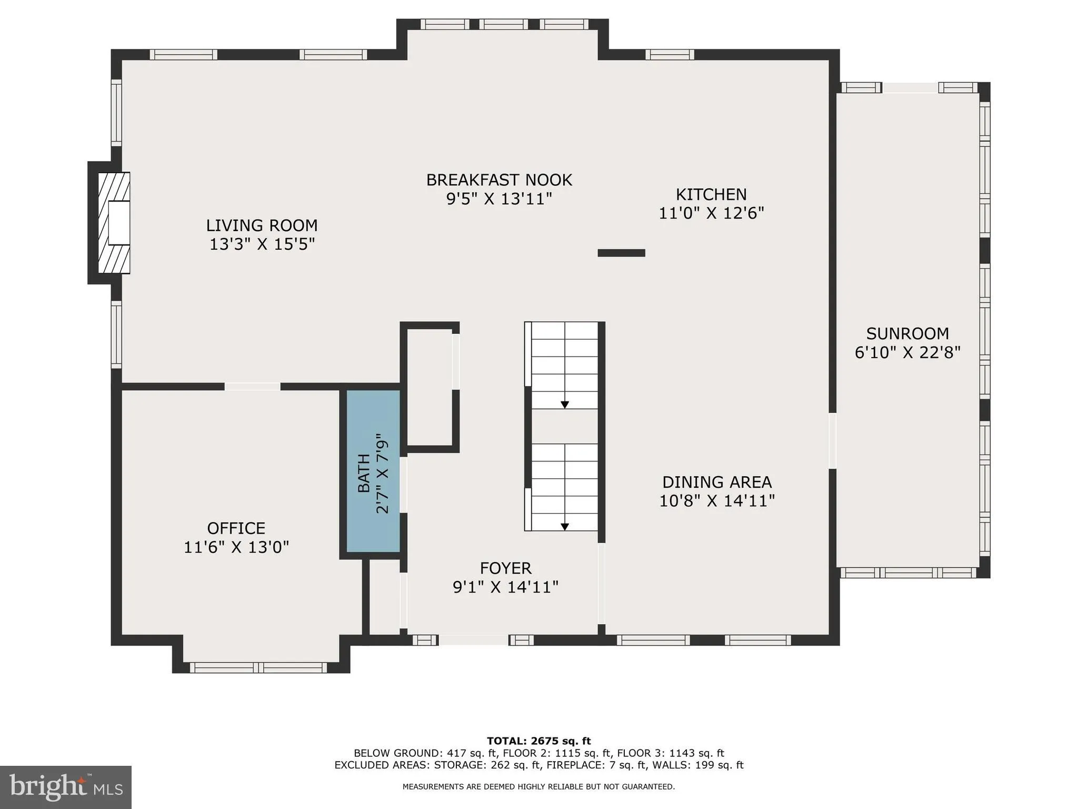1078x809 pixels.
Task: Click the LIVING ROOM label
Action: [x=262, y=225]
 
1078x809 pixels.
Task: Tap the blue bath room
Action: [x=373, y=471]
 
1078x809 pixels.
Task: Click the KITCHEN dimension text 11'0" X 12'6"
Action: [x=711, y=213]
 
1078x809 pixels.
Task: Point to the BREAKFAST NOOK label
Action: [x=498, y=180]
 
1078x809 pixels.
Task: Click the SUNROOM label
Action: [x=907, y=333]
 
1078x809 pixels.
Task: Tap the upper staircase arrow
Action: [x=564, y=404]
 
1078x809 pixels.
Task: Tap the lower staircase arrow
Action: [x=564, y=526]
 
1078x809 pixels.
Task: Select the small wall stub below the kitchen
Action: [x=621, y=253]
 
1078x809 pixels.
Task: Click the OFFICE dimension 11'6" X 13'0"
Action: [x=236, y=547]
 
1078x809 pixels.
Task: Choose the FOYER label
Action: [x=505, y=568]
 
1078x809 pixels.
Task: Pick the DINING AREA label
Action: [x=716, y=482]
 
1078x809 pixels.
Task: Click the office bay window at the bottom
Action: [x=258, y=667]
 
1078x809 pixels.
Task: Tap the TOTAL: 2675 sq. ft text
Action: [x=538, y=741]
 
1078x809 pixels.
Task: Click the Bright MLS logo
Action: [x=66, y=787]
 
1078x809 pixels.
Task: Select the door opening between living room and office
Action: [x=252, y=387]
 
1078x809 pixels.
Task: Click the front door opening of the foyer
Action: [x=473, y=640]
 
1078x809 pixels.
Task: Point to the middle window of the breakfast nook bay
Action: [x=503, y=24]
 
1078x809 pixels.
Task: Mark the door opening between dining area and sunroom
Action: [x=832, y=441]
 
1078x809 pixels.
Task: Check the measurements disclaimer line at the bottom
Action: [x=538, y=787]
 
